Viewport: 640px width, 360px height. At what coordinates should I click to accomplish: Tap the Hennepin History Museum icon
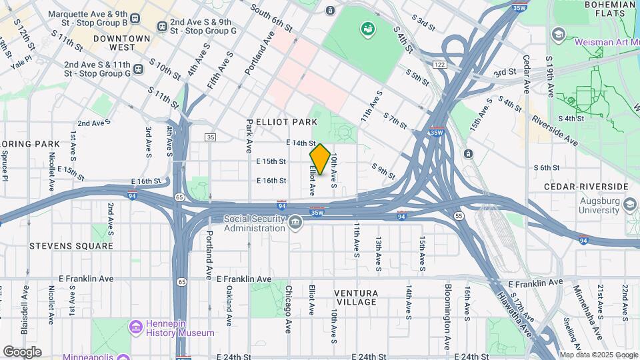click(136, 327)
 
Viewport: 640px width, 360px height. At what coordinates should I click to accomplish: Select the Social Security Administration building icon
click(295, 223)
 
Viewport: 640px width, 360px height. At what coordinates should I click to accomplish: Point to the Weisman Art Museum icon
click(558, 34)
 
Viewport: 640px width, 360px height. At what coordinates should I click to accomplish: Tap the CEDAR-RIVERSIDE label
click(586, 187)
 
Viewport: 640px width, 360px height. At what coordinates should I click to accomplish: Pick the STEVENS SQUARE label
click(71, 246)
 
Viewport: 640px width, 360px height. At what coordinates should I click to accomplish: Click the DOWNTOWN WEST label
click(122, 43)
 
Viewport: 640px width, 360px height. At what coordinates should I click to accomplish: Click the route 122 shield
click(439, 64)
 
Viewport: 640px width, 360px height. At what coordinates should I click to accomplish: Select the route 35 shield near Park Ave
click(211, 137)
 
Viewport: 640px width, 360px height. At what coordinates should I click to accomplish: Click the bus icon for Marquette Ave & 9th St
click(136, 19)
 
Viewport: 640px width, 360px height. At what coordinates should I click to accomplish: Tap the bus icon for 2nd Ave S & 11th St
click(138, 69)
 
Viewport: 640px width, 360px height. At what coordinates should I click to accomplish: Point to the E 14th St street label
click(301, 143)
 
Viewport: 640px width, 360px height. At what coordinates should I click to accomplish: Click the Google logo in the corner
click(22, 352)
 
